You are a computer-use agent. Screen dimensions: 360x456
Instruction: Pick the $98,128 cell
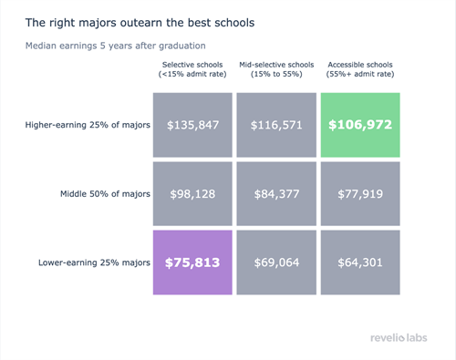[193, 193]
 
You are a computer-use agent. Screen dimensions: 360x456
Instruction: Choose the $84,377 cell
[276, 193]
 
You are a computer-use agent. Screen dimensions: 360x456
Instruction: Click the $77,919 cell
[360, 193]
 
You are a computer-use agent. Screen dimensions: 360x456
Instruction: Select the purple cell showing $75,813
[193, 262]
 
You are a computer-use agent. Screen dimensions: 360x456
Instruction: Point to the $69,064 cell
[276, 262]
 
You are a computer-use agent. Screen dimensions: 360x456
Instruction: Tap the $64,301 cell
[360, 262]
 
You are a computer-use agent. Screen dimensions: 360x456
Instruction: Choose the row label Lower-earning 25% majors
[94, 262]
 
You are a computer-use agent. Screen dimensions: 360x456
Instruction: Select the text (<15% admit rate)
[193, 73]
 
